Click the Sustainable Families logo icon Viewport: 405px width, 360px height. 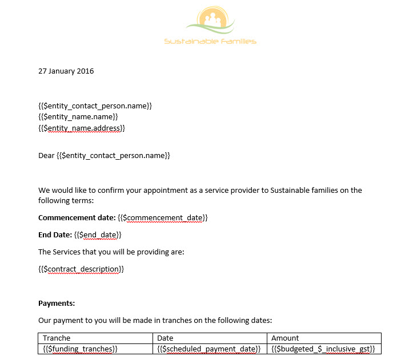point(210,20)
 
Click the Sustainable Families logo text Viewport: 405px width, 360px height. point(210,41)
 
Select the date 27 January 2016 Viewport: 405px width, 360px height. point(66,71)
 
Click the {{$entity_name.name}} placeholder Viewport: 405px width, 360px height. point(78,117)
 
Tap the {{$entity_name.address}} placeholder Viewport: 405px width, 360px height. point(82,128)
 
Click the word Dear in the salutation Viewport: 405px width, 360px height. point(46,155)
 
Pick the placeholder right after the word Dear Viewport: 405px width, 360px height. point(114,155)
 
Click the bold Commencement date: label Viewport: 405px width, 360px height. point(77,218)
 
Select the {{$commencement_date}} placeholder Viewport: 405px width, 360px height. point(163,218)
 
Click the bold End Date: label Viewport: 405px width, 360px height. point(55,234)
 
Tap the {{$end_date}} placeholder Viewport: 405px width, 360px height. point(98,234)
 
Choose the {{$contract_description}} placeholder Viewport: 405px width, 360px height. point(81,269)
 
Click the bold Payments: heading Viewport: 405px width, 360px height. point(57,303)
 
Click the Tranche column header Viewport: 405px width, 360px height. point(57,338)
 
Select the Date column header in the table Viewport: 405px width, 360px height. point(165,338)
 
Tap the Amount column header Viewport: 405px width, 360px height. point(285,338)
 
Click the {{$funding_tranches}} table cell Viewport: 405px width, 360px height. point(81,349)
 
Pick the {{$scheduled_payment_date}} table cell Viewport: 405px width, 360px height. point(209,349)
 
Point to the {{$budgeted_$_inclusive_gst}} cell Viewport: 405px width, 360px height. point(323,349)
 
